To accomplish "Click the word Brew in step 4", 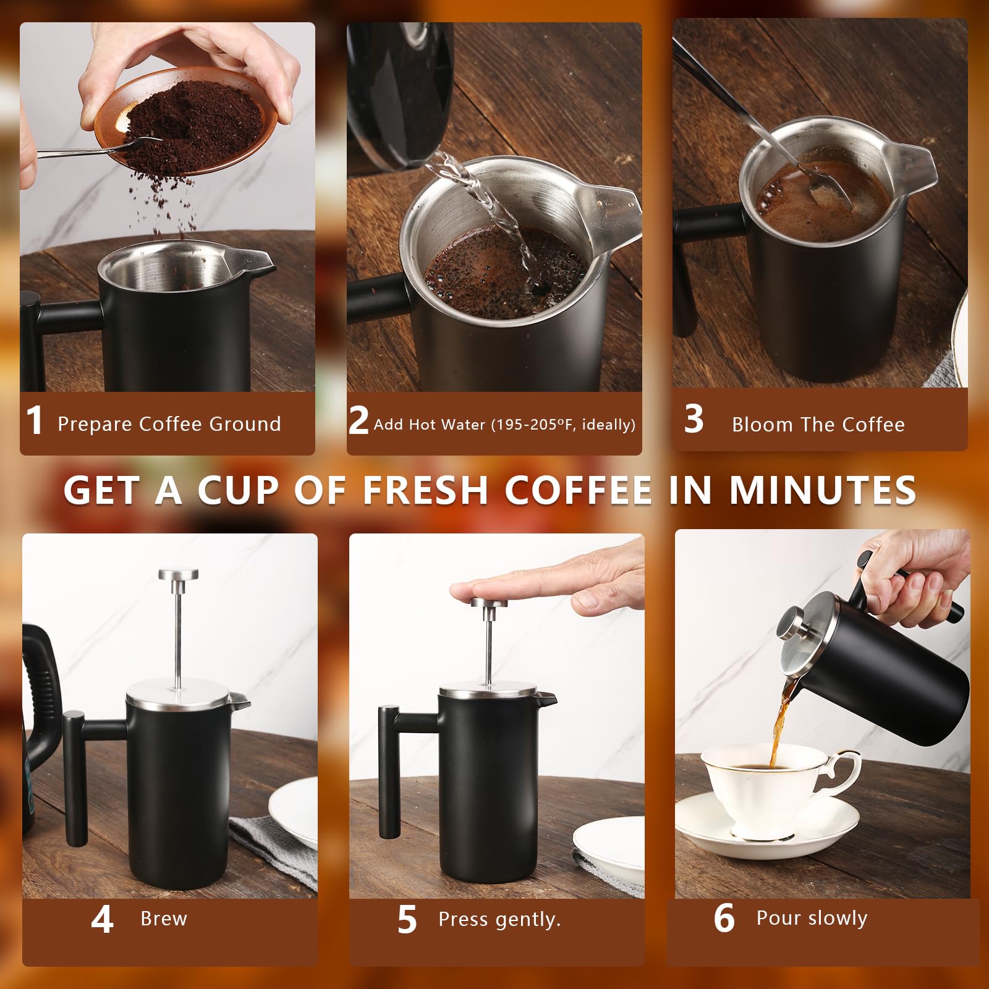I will pos(163,919).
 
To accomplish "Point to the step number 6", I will pos(724,919).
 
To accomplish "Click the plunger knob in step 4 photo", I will pos(178,575).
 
